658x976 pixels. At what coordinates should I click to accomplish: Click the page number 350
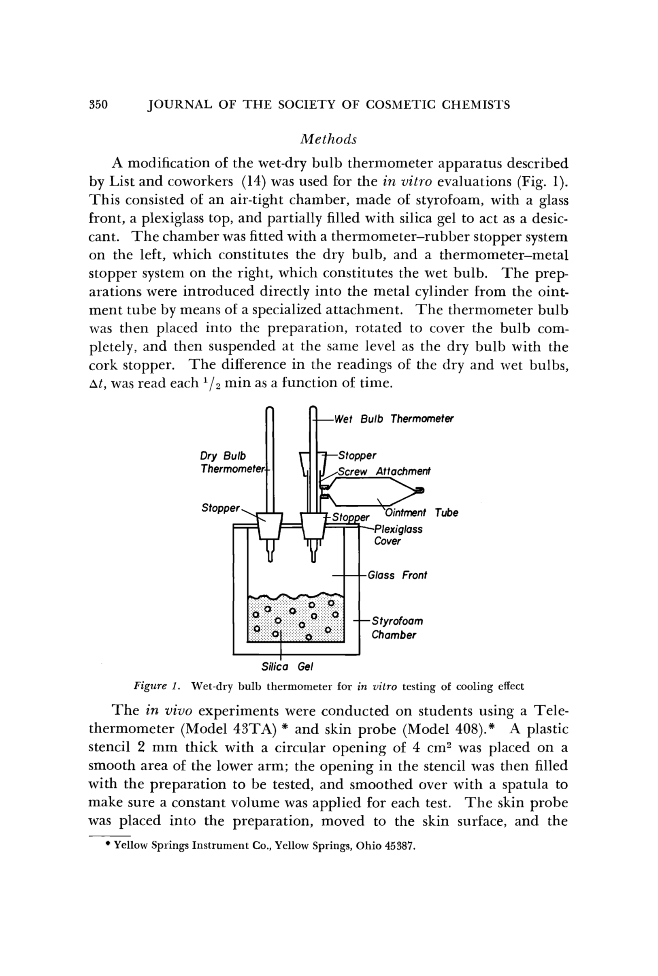99,105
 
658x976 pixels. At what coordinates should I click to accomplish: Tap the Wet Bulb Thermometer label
394,419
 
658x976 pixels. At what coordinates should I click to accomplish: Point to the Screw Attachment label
384,472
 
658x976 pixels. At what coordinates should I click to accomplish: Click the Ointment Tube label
421,513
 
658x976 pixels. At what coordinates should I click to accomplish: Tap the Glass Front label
397,575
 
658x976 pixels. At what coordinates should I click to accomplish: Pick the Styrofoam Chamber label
397,628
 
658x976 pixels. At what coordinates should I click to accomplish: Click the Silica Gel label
287,666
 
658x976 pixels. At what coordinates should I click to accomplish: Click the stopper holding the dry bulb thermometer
270,525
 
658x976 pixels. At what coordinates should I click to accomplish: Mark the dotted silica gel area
296,620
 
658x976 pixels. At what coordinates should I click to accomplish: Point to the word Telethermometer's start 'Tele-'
551,711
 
